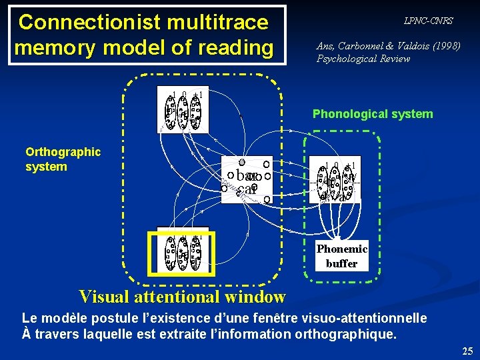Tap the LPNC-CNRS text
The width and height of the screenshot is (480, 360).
coord(428,21)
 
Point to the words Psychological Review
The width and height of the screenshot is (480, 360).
coord(363,59)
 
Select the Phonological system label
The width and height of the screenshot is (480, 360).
coord(373,114)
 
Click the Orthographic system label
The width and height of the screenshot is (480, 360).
coord(63,159)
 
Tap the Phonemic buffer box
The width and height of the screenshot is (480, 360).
coord(341,256)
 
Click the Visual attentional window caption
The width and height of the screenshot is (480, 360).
coord(182,296)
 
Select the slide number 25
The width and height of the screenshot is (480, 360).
coord(467,351)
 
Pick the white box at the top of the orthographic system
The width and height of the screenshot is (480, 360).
coord(182,109)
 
